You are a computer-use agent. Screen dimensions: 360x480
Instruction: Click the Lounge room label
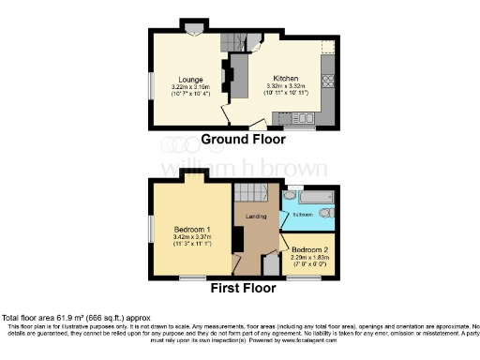pos(191,80)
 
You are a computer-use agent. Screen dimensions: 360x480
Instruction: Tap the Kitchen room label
pos(286,79)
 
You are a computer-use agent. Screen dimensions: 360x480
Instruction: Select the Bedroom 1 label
pos(191,229)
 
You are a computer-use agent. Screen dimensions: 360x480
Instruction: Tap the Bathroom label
pos(301,215)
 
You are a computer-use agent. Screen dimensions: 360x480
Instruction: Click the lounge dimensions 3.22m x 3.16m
pos(191,87)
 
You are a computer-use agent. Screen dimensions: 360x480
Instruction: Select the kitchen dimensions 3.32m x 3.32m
pos(286,87)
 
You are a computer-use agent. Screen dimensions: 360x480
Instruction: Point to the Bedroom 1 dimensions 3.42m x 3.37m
pos(191,237)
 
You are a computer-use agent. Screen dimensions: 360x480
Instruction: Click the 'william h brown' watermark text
pos(239,170)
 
